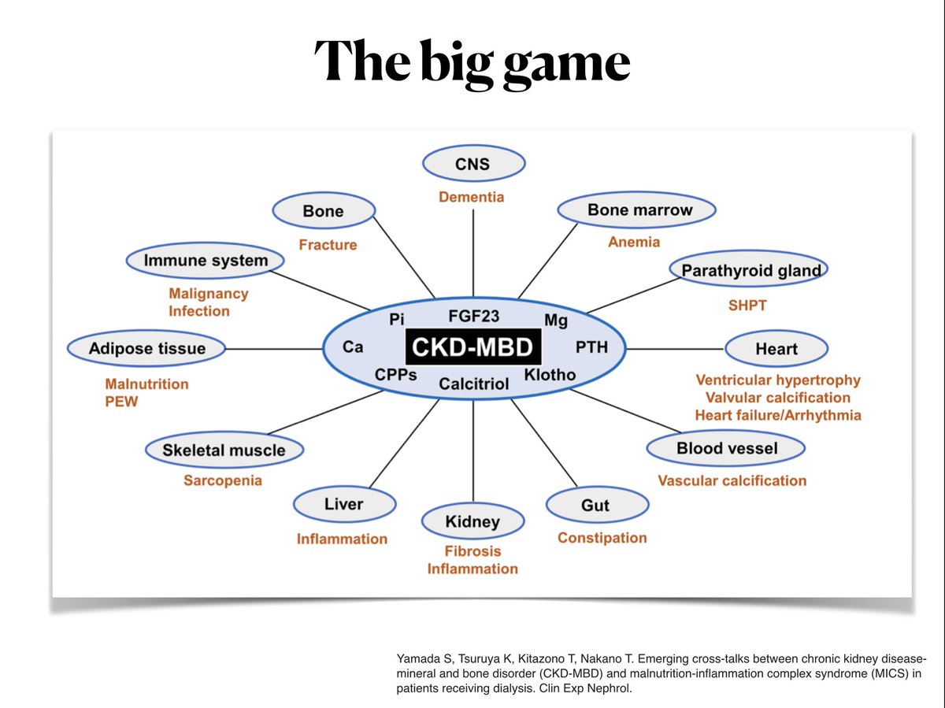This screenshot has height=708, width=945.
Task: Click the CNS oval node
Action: pyautogui.click(x=472, y=165)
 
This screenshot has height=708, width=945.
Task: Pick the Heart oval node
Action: pyautogui.click(x=776, y=349)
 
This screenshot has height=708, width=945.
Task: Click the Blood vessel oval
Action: pyautogui.click(x=726, y=449)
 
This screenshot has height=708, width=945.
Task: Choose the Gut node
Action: pyautogui.click(x=595, y=505)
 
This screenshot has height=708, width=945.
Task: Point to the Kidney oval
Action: pyautogui.click(x=472, y=521)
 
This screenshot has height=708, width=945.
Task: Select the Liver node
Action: pyautogui.click(x=343, y=504)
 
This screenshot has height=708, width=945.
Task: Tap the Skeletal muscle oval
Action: pyautogui.click(x=224, y=450)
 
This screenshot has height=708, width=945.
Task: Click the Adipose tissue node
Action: pyautogui.click(x=147, y=349)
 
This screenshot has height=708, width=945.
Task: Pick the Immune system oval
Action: pyautogui.click(x=206, y=261)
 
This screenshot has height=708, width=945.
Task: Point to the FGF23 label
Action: pyautogui.click(x=474, y=317)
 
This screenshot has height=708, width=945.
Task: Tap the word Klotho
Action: pyautogui.click(x=550, y=374)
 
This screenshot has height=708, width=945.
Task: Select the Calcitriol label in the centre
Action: pyautogui.click(x=474, y=384)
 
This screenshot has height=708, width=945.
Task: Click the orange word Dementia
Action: pyautogui.click(x=471, y=197)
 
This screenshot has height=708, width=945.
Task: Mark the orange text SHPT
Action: pyautogui.click(x=747, y=305)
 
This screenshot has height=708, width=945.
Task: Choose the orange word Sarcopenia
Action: pyautogui.click(x=223, y=480)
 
